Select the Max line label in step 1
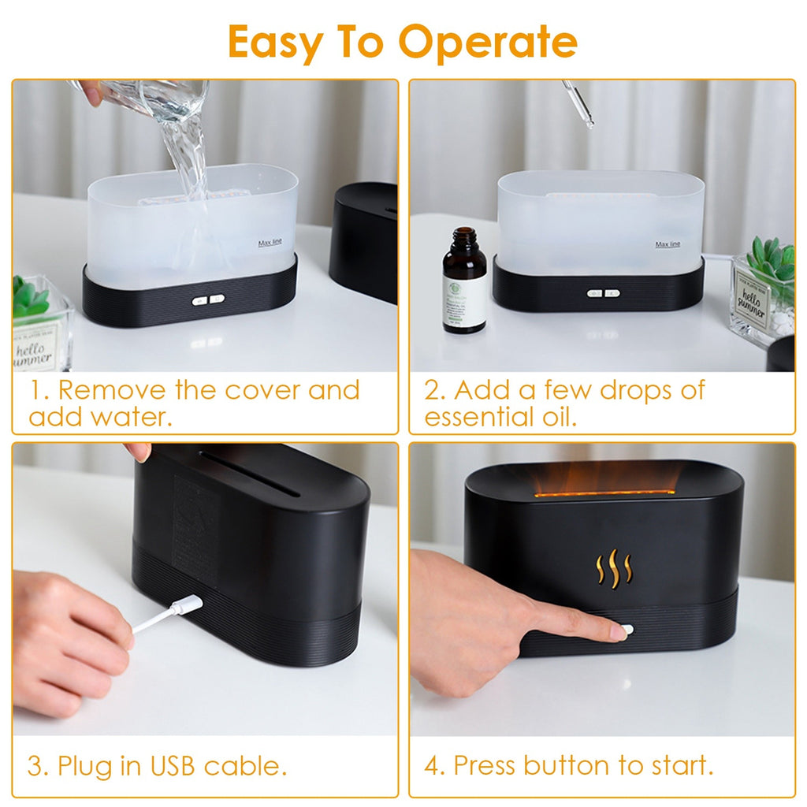[270, 243]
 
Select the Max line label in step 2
[668, 244]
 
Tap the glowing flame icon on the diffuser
[613, 568]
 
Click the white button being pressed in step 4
[626, 630]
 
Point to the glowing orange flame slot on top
[603, 493]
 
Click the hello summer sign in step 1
[37, 346]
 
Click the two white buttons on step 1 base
[208, 299]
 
